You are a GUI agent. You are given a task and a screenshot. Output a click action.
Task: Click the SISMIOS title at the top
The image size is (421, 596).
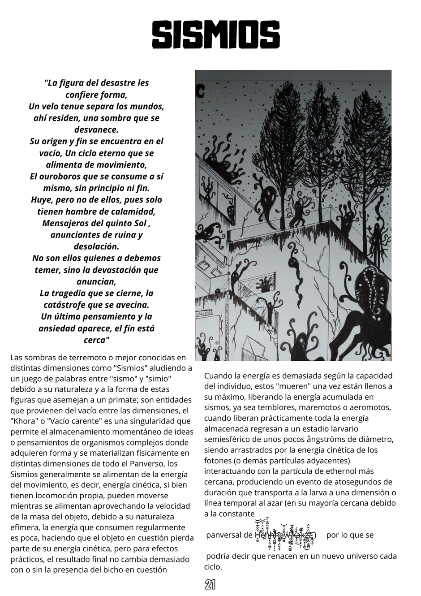point(216,35)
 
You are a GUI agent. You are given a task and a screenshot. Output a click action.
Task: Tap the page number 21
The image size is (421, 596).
point(210,584)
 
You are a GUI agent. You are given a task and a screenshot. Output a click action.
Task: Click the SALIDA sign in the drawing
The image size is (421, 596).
point(204,315)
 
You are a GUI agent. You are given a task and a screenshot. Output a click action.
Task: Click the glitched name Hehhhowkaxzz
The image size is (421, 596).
point(285,535)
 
